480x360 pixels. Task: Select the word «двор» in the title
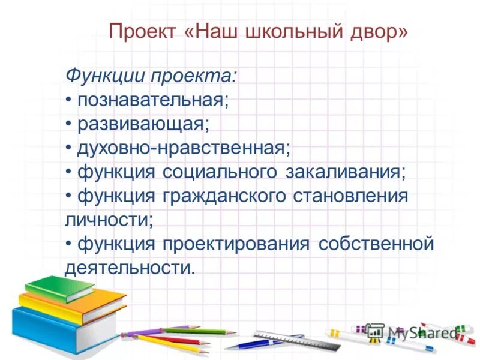coord(377,31)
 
